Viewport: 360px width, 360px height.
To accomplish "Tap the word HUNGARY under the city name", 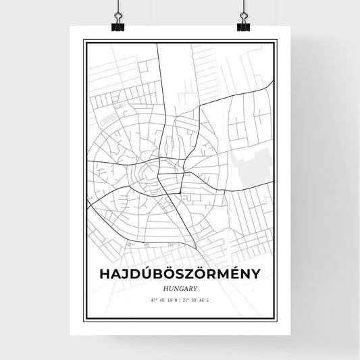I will tap(180, 286).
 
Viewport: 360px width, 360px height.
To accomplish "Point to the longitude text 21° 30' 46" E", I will tap(201, 298).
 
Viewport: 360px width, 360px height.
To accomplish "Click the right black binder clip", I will tap(242, 26).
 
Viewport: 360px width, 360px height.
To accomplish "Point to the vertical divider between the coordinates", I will tap(180, 298).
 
